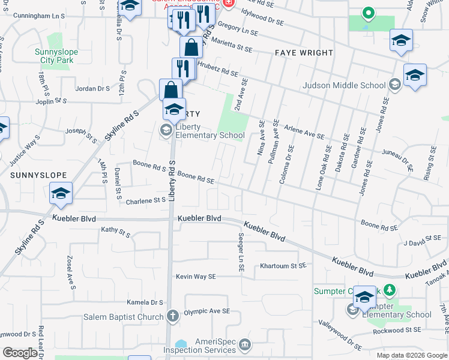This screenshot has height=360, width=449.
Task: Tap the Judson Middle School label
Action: click(x=345, y=85)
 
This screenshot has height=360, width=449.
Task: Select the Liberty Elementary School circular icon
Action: click(x=165, y=130)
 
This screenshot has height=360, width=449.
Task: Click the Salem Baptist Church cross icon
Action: click(x=173, y=316)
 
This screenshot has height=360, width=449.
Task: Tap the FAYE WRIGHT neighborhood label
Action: click(x=304, y=53)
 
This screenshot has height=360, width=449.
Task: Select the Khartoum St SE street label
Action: click(x=283, y=265)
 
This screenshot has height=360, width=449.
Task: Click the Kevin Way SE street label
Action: click(x=196, y=277)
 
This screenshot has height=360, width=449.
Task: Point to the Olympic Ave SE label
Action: click(x=206, y=311)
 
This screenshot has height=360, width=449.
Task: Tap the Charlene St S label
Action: click(x=145, y=200)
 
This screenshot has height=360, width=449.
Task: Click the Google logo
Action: click(x=20, y=353)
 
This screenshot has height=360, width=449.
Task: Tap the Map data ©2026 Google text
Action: click(x=412, y=355)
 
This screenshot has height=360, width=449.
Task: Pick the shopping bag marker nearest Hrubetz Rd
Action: click(x=191, y=47)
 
